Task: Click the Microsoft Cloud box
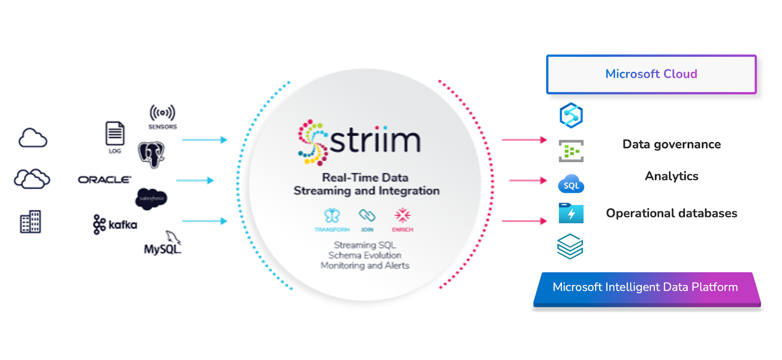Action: (651, 74)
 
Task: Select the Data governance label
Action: (672, 145)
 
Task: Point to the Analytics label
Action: (672, 176)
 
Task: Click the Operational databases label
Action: (672, 213)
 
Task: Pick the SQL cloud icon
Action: (571, 184)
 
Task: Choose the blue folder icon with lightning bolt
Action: (571, 213)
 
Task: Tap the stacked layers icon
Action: (570, 246)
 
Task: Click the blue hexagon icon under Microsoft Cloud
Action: (571, 115)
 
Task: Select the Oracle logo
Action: (105, 180)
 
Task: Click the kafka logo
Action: (115, 225)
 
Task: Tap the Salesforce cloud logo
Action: (151, 198)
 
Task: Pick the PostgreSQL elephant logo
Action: (152, 154)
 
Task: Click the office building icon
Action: (30, 222)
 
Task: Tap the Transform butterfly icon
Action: (332, 215)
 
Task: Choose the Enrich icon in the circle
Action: (402, 215)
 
